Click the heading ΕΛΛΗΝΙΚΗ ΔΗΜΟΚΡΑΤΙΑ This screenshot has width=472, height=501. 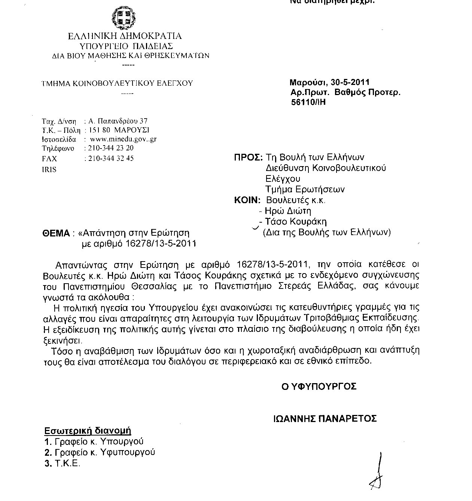coord(125,36)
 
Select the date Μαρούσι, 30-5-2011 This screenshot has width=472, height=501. coord(329,82)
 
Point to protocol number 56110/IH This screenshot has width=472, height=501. coord(308,102)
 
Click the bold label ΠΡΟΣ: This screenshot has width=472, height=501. coord(248,158)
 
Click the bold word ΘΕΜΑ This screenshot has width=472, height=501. coord(56,233)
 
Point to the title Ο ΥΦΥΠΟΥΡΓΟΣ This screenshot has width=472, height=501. coord(319,387)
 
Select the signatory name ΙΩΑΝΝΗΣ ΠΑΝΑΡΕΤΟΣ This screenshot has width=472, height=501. coord(325,419)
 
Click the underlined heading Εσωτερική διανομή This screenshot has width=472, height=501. coord(88,431)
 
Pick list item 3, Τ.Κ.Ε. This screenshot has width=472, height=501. coord(62,464)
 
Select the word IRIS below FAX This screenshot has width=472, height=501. coord(49,169)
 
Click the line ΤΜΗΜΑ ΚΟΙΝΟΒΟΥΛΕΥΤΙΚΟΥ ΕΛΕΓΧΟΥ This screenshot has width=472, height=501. coord(117,83)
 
